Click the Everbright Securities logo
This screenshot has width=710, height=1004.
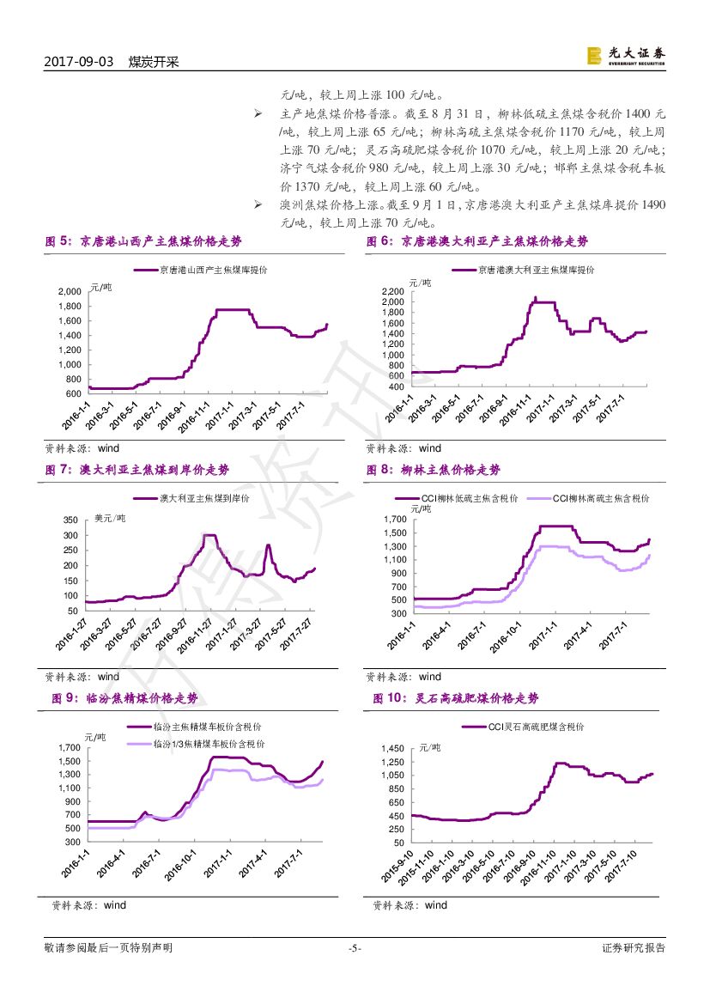pos(625,55)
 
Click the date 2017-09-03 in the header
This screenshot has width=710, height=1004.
pos(78,62)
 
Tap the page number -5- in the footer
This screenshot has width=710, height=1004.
pos(355,948)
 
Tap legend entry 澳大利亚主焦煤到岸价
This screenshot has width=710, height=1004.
pos(204,499)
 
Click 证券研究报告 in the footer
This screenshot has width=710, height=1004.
pos(634,948)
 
